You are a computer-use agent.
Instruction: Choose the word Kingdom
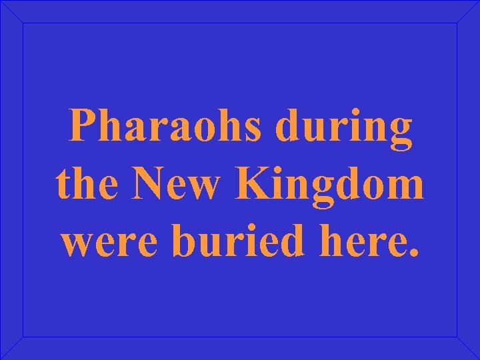pyautogui.click(x=332, y=187)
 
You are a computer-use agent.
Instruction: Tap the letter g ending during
pyautogui.click(x=400, y=132)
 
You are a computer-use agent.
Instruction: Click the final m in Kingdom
pyautogui.click(x=407, y=189)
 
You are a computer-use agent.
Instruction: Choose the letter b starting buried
pyautogui.click(x=184, y=243)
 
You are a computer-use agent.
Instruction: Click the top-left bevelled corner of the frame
pyautogui.click(x=12, y=11)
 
